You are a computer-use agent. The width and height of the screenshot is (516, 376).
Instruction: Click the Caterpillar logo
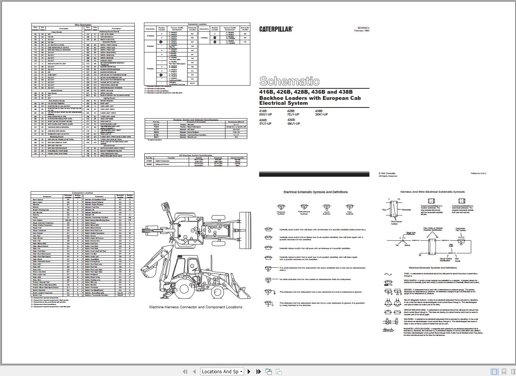276,29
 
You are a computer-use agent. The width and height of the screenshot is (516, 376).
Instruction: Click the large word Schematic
289,81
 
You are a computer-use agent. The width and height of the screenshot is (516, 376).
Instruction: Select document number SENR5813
363,28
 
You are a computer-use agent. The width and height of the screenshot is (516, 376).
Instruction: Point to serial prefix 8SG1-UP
265,114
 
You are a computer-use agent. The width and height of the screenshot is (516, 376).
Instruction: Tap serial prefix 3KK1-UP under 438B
321,114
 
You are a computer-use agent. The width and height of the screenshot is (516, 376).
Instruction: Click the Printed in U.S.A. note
478,173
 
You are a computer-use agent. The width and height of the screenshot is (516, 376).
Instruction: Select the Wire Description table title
83,25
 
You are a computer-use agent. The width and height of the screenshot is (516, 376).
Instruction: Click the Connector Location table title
197,24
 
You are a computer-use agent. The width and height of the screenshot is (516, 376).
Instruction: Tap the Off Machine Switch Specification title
196,155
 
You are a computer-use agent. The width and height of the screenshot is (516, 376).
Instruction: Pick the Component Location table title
82,193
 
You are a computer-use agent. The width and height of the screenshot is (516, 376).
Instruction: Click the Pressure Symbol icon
281,208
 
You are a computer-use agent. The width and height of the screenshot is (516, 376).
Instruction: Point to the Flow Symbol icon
349,208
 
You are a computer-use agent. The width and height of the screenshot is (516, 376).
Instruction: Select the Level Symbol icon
326,208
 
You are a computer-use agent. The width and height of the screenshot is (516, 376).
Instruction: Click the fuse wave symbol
388,274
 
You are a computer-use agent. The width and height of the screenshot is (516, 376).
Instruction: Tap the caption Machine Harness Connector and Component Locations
196,307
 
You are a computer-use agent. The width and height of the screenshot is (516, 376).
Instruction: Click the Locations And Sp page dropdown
222,371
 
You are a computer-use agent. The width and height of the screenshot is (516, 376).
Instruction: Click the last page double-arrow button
258,371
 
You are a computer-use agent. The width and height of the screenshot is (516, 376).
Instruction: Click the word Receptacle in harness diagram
406,210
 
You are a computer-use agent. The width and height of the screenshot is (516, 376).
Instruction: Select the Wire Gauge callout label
457,260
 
